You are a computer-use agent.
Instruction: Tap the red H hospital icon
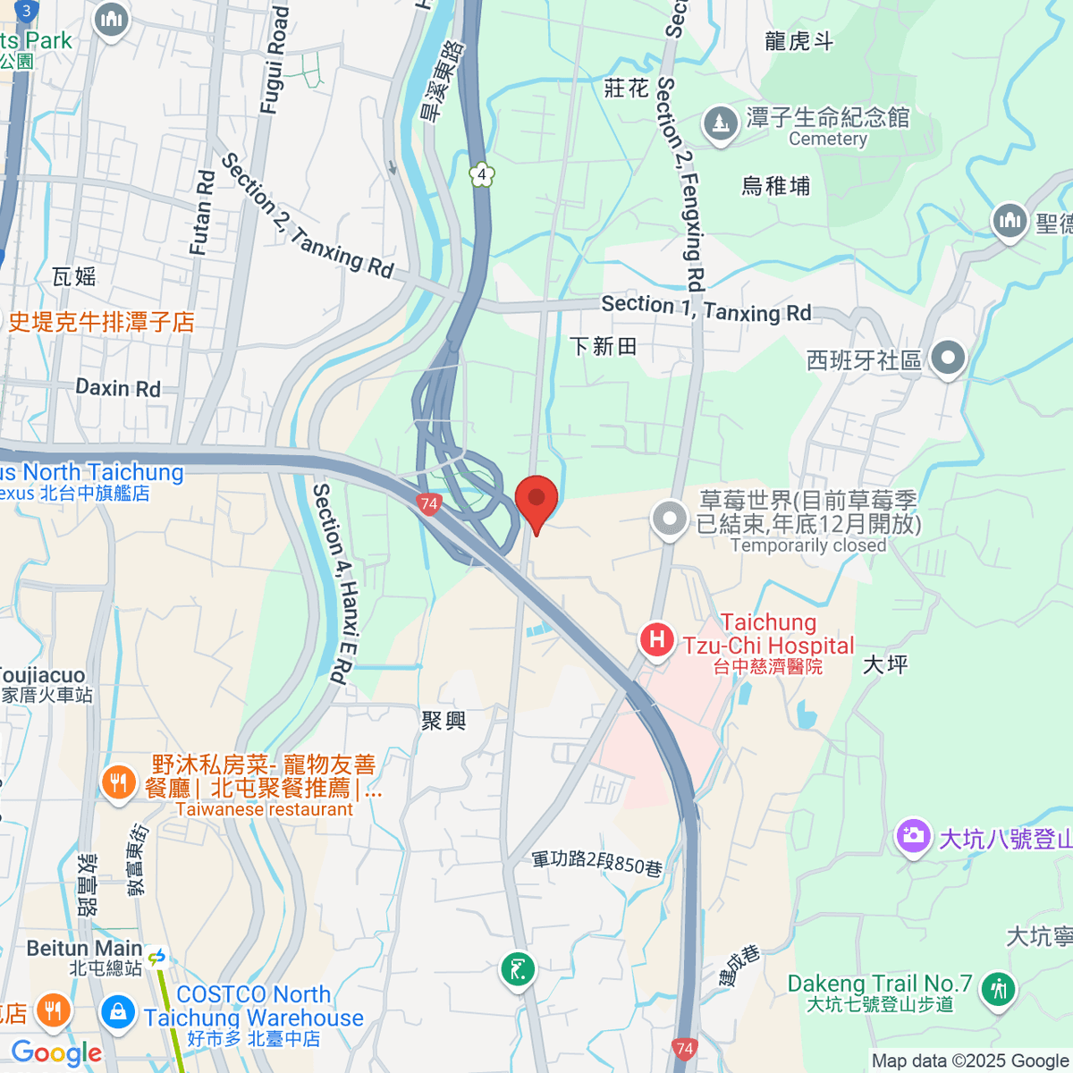coord(657,639)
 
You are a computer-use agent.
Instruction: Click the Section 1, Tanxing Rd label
coord(705,308)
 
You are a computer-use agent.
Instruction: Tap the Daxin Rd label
coord(118,388)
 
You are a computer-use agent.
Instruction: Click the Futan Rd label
coord(203,213)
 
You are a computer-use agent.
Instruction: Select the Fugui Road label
coord(275,61)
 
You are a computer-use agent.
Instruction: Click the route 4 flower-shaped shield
coord(482,174)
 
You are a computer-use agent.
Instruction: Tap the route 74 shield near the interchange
coord(428,503)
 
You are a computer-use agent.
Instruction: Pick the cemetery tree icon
coord(720,123)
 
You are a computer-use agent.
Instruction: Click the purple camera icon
coord(913,838)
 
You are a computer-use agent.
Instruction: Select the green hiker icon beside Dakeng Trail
coord(998,990)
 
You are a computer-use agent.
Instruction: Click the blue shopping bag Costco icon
coord(117,1012)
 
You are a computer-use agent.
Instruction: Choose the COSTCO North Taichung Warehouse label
coord(254,1007)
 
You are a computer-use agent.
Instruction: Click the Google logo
coord(56,1052)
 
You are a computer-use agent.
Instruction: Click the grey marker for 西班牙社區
coord(948,359)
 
